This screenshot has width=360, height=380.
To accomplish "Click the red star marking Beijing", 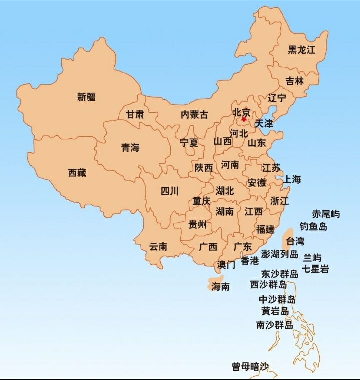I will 244,119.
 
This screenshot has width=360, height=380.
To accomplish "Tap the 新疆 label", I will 86,97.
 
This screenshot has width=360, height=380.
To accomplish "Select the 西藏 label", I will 77,173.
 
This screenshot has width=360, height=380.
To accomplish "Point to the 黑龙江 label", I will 302,49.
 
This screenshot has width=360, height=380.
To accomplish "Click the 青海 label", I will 130,148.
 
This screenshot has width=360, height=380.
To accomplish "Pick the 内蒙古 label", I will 194,114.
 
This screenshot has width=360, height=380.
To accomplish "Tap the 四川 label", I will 170,191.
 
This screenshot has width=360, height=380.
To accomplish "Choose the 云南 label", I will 158,246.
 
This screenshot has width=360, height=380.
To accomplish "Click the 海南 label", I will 220,287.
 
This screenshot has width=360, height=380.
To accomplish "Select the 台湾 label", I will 295,241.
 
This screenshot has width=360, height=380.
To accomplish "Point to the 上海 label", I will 293,179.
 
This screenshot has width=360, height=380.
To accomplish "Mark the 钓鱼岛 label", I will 313,227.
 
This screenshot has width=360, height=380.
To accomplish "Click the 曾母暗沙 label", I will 250,367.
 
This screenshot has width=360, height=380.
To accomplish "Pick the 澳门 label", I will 226,265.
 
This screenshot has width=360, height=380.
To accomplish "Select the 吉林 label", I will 295,81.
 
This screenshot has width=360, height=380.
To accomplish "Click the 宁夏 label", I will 189,143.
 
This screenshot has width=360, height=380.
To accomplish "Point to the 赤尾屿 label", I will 326,214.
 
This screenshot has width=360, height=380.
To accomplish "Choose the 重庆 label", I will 202,201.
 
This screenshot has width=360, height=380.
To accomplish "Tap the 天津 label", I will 264,123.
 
